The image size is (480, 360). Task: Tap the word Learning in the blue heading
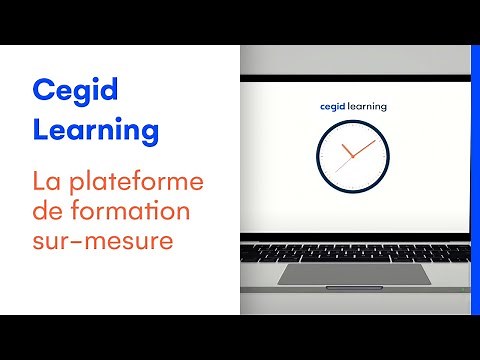coord(95,130)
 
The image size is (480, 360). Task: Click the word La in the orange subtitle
coord(46,183)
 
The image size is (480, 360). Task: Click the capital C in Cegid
coord(42,91)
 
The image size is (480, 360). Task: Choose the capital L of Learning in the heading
coord(41,130)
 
